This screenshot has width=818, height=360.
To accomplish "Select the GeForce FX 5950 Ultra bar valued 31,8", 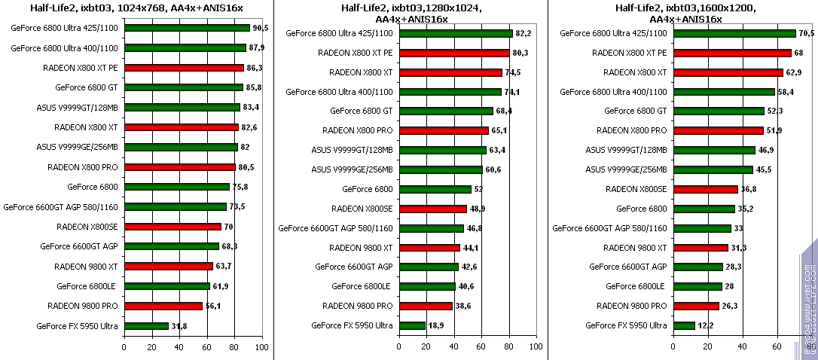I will [x=146, y=326].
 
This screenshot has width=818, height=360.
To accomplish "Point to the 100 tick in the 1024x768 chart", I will [x=262, y=347].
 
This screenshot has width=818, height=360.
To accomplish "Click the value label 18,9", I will [x=436, y=325].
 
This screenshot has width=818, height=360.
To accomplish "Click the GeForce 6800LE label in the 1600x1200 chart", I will [x=638, y=286].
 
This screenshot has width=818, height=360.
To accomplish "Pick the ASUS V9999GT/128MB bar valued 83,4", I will [x=181, y=107].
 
